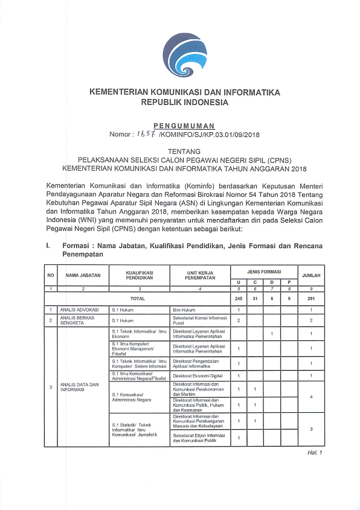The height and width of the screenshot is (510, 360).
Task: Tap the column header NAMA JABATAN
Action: [x=83, y=275]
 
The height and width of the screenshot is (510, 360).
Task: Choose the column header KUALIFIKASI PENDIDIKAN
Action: [x=139, y=275]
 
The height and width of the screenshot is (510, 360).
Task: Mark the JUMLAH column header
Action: [x=311, y=275]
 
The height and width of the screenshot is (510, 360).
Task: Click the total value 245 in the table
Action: [x=239, y=298]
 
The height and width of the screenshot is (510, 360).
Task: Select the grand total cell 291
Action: [x=311, y=298]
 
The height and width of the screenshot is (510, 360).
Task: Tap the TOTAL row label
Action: [x=139, y=298]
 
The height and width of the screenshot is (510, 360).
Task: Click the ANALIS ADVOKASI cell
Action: [x=74, y=310]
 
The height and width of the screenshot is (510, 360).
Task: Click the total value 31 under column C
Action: [x=256, y=298]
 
